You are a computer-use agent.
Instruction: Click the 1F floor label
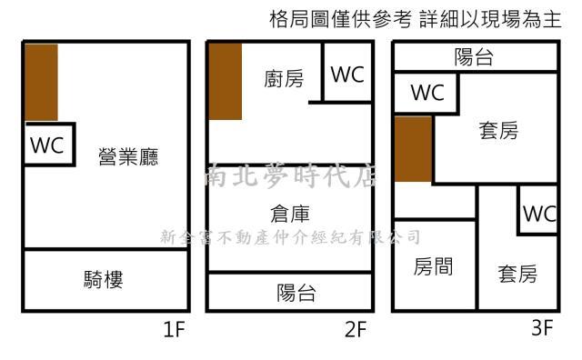click(x=175, y=330)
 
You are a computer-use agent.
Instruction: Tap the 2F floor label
click(x=356, y=330)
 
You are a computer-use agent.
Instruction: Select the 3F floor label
click(x=542, y=329)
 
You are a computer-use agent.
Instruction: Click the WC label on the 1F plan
click(x=47, y=146)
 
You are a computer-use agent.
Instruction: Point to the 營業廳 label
click(x=128, y=157)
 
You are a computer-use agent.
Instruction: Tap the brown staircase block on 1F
click(x=41, y=82)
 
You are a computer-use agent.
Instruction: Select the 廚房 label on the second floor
click(x=285, y=79)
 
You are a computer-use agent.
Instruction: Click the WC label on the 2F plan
click(x=346, y=75)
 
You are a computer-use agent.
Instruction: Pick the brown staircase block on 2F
click(x=225, y=82)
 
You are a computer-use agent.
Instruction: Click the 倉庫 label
click(x=290, y=215)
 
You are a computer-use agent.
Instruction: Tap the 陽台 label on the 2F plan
click(x=296, y=293)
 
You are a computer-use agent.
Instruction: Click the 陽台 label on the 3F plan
click(x=474, y=58)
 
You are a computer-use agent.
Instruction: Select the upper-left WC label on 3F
click(x=426, y=93)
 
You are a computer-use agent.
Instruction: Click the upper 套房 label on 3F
click(x=498, y=132)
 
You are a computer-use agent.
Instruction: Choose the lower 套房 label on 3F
click(x=517, y=274)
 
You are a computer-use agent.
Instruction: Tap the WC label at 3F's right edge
click(x=539, y=215)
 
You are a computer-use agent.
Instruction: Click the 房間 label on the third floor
click(x=433, y=267)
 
